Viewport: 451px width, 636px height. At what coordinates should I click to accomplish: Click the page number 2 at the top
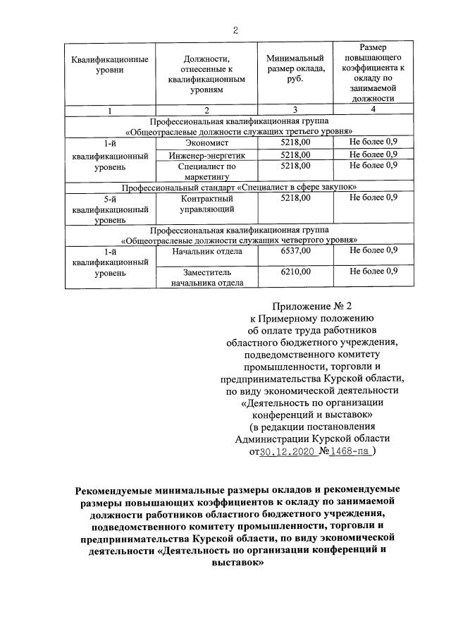click(235, 30)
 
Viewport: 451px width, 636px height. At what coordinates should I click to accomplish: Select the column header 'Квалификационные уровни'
click(109, 64)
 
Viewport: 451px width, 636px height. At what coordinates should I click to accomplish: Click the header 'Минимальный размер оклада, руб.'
click(295, 69)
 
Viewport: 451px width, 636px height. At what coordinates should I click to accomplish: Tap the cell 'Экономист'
click(206, 142)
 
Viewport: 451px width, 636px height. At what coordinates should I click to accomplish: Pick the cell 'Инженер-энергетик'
click(206, 154)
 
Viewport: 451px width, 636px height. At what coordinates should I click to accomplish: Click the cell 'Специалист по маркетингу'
click(206, 171)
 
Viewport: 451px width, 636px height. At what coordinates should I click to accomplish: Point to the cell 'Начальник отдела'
click(206, 250)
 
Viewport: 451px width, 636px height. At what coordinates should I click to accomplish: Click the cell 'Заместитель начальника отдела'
click(206, 276)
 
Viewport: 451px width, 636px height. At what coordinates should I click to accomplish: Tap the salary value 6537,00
click(295, 250)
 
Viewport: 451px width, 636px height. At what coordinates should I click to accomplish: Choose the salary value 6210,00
click(295, 271)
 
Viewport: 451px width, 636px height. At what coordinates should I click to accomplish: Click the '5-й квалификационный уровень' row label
click(109, 209)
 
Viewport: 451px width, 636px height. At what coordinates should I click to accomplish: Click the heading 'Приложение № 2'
click(311, 306)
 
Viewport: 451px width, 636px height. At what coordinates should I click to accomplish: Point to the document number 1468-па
click(350, 452)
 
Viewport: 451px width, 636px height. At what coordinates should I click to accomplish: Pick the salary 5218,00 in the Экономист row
click(295, 142)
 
